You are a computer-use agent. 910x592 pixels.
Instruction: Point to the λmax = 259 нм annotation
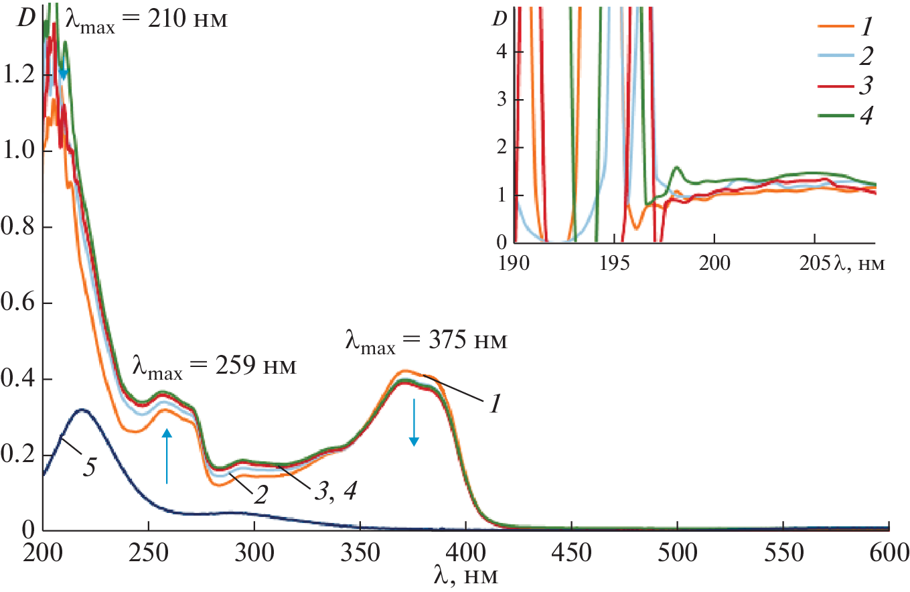click(x=214, y=367)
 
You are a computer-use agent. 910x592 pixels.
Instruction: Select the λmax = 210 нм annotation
click(x=147, y=19)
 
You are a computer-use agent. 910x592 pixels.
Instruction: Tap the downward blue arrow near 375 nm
click(x=414, y=422)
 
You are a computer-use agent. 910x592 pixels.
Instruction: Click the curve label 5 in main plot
click(x=88, y=467)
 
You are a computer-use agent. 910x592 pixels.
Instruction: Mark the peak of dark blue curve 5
click(x=82, y=409)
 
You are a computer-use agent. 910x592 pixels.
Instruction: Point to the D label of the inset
click(x=499, y=19)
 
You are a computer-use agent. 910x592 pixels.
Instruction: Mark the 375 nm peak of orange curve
click(x=404, y=370)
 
